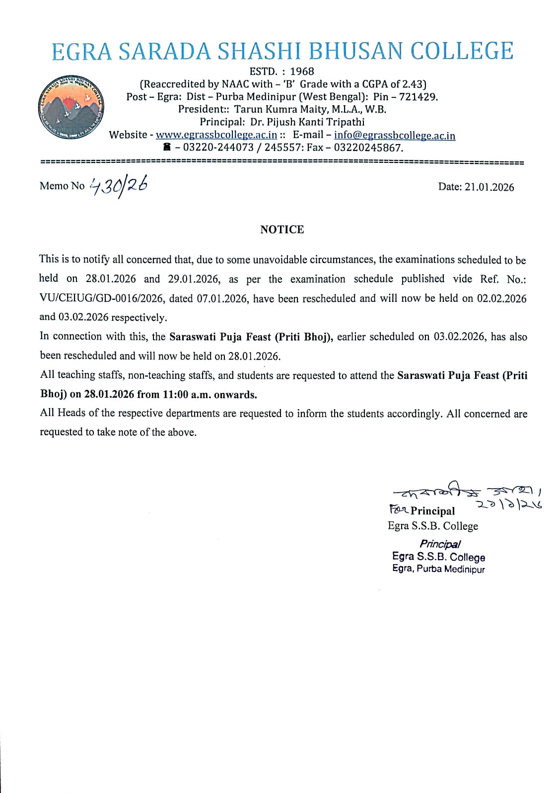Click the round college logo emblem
(71, 108)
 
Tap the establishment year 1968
(302, 72)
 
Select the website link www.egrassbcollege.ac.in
(216, 135)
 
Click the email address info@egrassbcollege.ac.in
(394, 136)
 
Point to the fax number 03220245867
(368, 148)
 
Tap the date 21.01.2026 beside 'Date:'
(489, 187)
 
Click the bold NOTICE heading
(282, 229)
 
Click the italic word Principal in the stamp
(440, 544)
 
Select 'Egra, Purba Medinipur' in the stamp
(438, 569)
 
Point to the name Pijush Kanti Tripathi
(315, 122)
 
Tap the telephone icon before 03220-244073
(167, 147)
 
